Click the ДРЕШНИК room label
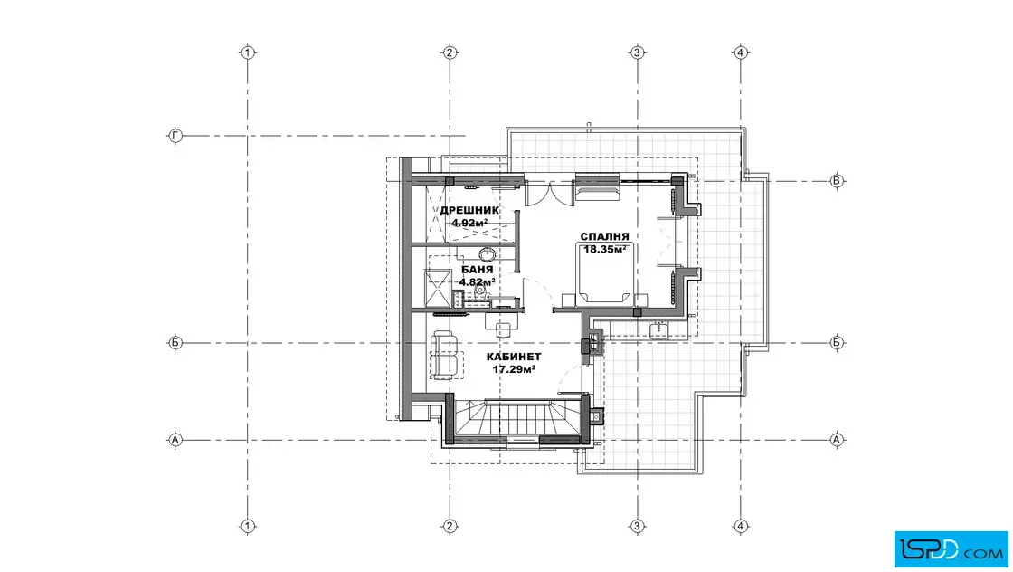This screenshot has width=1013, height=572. [469, 211]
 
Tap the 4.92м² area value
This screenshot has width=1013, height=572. [469, 223]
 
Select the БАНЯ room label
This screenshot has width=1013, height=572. [478, 270]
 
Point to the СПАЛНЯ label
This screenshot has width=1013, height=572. [605, 236]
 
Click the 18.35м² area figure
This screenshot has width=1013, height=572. [605, 249]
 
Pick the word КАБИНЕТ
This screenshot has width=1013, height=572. [514, 357]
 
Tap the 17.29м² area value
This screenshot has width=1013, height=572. [514, 369]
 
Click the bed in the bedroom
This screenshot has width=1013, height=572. [605, 272]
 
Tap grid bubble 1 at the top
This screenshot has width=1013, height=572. [248, 53]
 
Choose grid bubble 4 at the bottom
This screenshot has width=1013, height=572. [741, 526]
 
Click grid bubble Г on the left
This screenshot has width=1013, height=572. [175, 136]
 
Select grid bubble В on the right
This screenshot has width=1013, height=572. [837, 181]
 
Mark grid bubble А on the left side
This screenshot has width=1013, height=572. [175, 440]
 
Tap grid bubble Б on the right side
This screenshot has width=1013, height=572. [837, 342]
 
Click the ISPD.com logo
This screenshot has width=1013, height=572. [951, 549]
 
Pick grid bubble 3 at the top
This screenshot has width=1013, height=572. [637, 53]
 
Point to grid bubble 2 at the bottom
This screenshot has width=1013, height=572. [450, 526]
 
